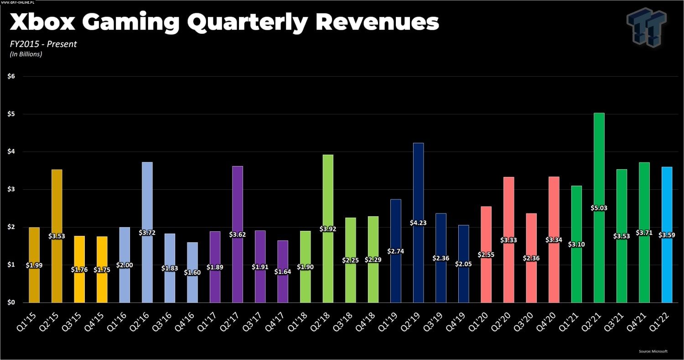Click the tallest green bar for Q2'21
(x=599, y=160)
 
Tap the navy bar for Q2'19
(x=418, y=183)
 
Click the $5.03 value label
(x=599, y=208)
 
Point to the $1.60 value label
(x=192, y=272)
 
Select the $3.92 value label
(x=328, y=229)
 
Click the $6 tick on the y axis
(x=11, y=76)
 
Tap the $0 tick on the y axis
(x=11, y=303)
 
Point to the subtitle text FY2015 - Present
(x=43, y=44)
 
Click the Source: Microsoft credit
(x=653, y=351)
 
